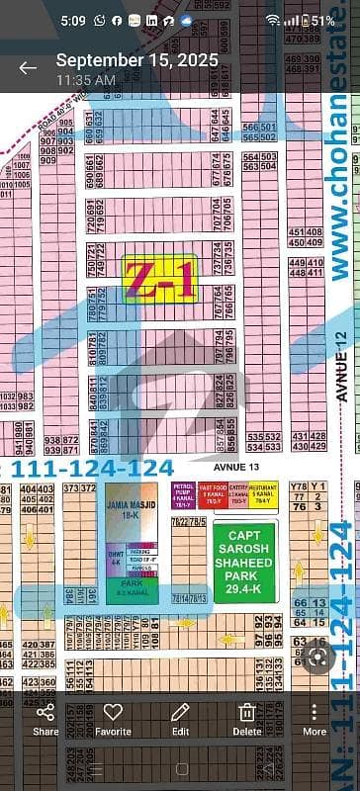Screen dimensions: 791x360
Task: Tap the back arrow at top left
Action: (28, 67)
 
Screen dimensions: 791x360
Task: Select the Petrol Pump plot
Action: (183, 493)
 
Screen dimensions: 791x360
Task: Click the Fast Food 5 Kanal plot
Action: (214, 493)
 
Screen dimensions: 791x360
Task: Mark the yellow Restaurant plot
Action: (263, 493)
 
